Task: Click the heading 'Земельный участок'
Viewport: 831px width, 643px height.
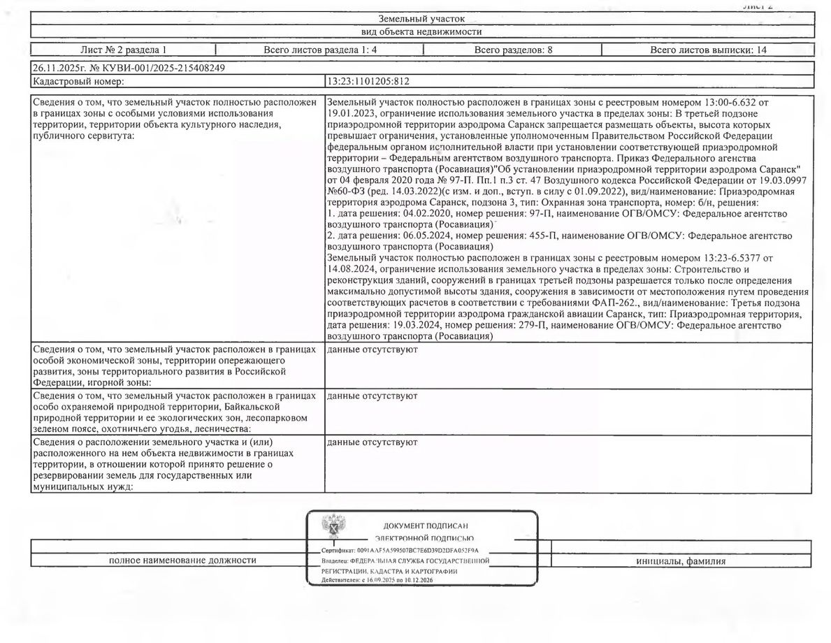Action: (421, 19)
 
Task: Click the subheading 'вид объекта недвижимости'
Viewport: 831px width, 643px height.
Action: (421, 31)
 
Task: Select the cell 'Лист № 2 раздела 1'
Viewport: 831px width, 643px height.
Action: (123, 50)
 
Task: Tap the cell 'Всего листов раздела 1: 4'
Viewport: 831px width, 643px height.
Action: (319, 50)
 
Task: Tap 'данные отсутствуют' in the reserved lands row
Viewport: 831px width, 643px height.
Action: (373, 442)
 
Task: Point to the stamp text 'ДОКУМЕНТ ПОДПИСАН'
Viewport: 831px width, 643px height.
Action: (425, 526)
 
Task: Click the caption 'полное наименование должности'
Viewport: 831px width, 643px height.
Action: (182, 560)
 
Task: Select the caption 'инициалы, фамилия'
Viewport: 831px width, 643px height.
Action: (681, 561)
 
